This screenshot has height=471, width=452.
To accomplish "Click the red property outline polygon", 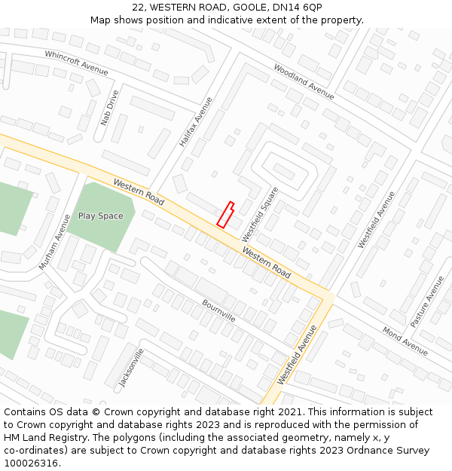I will point(225,215).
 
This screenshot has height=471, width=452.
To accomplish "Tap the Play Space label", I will point(100,216).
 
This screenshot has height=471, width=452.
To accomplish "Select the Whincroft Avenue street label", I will point(76,63).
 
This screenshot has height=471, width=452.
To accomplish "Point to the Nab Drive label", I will point(109,108).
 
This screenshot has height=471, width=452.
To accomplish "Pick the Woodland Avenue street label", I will point(304,81).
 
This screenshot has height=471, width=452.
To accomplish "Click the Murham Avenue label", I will point(55,241).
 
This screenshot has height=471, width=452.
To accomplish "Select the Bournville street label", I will point(218,310).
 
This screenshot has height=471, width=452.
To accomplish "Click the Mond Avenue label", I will point(405,341).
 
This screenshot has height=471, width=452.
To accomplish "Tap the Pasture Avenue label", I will point(427,301).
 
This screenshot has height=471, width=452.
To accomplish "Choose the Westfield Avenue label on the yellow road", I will point(297,355).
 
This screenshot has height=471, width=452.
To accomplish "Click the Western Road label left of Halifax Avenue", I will point(139,192).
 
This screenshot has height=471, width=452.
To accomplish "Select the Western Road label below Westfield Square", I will point(266,261).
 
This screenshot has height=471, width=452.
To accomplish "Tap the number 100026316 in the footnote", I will point(32,463).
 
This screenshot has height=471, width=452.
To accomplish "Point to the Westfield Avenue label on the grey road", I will point(376,219).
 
